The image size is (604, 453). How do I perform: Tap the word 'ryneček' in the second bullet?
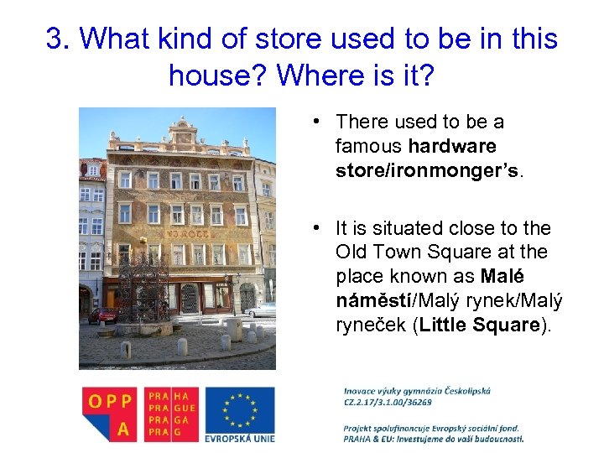tap(372, 325)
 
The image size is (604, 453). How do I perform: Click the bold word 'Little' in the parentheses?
tap(448, 325)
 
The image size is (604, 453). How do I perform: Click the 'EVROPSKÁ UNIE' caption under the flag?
tap(239, 437)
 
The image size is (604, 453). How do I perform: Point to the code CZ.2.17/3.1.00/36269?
tap(388, 402)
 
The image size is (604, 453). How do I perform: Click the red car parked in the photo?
tap(104, 315)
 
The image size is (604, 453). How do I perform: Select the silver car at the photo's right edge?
tap(263, 310)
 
